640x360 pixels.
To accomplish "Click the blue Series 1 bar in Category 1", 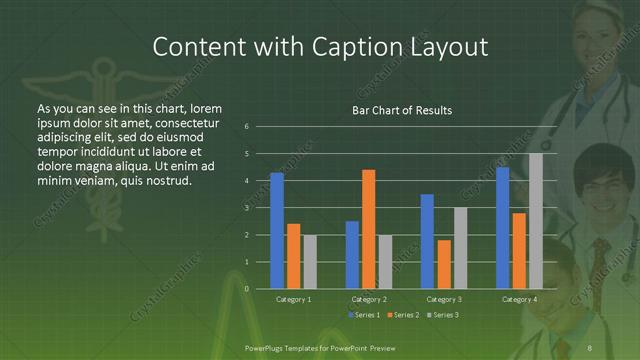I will coord(277,231).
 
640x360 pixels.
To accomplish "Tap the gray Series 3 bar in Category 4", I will coord(536,221).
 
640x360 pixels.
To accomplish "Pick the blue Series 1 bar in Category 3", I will coord(427,241).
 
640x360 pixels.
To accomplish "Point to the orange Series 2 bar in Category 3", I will coord(444,264).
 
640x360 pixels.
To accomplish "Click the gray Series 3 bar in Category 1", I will coord(310,262).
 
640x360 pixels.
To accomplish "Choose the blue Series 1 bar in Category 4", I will coord(502,228).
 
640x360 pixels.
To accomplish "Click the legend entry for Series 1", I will coord(363,315).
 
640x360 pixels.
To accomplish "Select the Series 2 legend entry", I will coord(404,315).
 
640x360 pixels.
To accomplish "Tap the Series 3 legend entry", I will coord(445,315).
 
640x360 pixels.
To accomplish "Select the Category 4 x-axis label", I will coord(519,299).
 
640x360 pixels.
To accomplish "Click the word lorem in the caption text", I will coord(203,107).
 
